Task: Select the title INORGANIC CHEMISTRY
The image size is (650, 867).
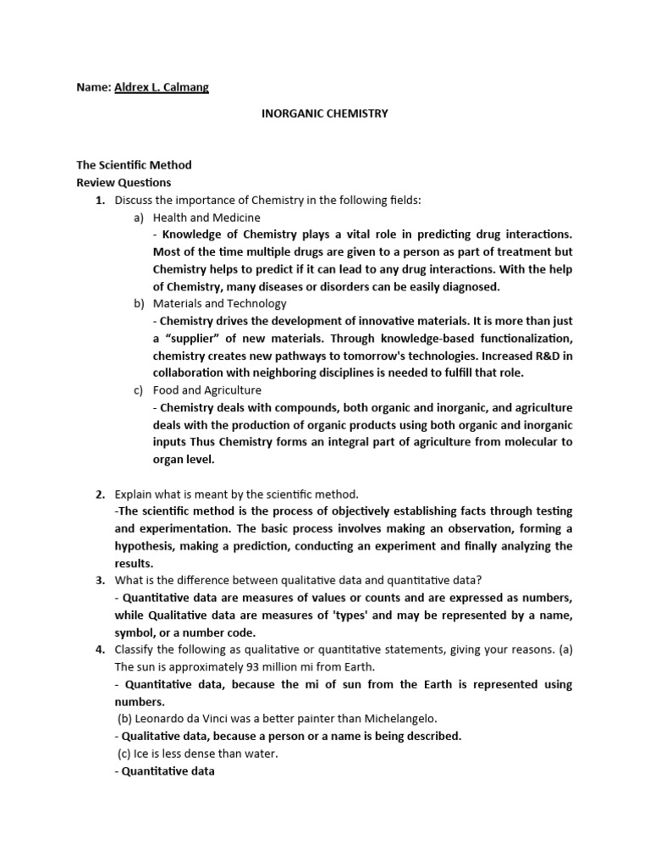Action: [x=324, y=113]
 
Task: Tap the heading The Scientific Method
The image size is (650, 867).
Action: [x=134, y=165]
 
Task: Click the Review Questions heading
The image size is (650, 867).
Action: [x=124, y=182]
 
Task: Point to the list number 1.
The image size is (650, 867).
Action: [x=99, y=200]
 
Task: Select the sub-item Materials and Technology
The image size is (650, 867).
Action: [x=219, y=303]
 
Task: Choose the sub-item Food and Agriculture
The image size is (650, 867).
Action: [x=207, y=390]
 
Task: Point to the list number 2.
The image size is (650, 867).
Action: [x=99, y=494]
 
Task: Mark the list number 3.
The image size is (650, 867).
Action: [x=99, y=580]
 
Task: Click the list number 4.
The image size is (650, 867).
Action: [x=99, y=649]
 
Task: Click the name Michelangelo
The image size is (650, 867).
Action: [x=400, y=719]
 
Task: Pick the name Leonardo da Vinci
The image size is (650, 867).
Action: [x=188, y=719]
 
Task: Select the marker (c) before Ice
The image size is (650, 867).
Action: [x=125, y=754]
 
